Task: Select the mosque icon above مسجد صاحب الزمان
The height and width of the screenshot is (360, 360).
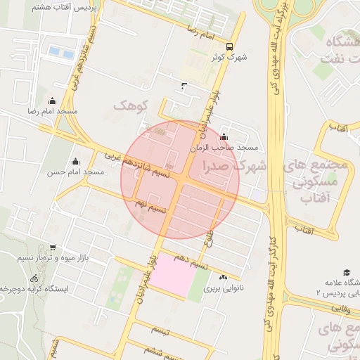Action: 224,137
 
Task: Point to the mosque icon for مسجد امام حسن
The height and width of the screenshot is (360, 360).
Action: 75,161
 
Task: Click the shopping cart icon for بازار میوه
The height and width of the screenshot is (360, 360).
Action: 53,247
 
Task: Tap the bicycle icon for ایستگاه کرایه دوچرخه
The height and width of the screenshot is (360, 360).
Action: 34,278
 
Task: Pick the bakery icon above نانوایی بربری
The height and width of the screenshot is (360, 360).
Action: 224,278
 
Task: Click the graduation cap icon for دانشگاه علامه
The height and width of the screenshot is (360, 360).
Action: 346,272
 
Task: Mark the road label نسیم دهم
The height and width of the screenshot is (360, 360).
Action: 191,265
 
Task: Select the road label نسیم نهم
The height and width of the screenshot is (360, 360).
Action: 150,205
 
